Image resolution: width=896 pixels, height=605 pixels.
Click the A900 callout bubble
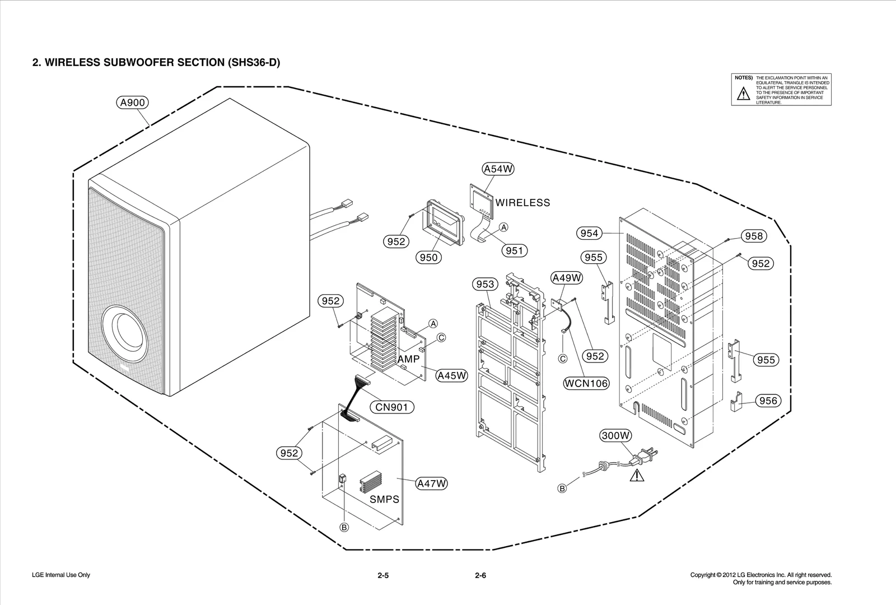point(133,103)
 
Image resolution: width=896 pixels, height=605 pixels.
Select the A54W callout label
point(498,169)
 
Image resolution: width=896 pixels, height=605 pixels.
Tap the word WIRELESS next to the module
point(522,203)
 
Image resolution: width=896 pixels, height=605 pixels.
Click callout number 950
point(428,257)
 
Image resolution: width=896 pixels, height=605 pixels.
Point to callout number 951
point(514,250)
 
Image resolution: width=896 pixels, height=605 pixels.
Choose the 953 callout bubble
point(485,284)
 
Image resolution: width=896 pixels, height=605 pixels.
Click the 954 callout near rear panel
point(589,233)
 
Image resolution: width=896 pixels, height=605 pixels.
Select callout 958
point(754,236)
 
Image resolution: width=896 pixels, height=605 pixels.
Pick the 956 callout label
point(768,401)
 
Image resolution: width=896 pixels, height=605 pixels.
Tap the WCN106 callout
point(586,383)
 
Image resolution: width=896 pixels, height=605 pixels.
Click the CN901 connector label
point(391,407)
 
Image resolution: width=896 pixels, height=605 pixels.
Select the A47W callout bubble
point(431,483)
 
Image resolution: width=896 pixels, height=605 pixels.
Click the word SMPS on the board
point(384,499)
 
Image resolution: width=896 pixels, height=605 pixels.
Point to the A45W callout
point(451,375)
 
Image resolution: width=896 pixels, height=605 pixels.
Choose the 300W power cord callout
point(615,435)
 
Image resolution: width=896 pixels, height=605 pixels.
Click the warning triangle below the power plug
point(637,476)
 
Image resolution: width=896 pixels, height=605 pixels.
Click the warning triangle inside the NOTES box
point(743,94)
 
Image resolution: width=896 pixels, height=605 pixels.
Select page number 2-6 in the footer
point(480,575)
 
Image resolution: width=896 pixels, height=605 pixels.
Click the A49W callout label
point(567,278)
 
